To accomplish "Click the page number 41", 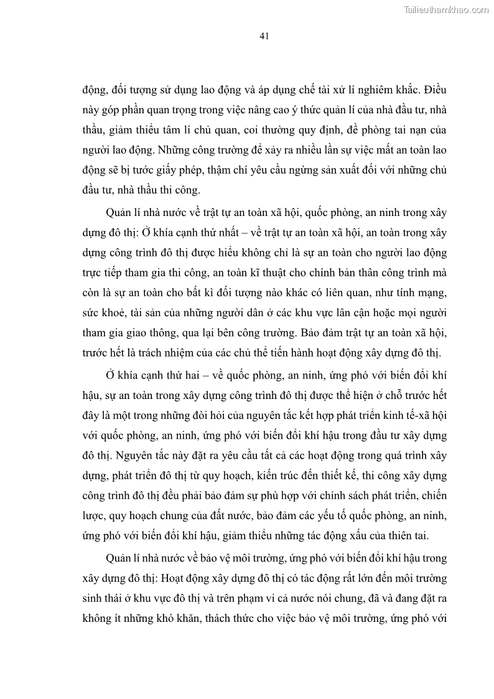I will pos(263,36).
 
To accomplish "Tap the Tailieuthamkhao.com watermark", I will pos(446,9).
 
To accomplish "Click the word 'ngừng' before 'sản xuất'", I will pos(309,171).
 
